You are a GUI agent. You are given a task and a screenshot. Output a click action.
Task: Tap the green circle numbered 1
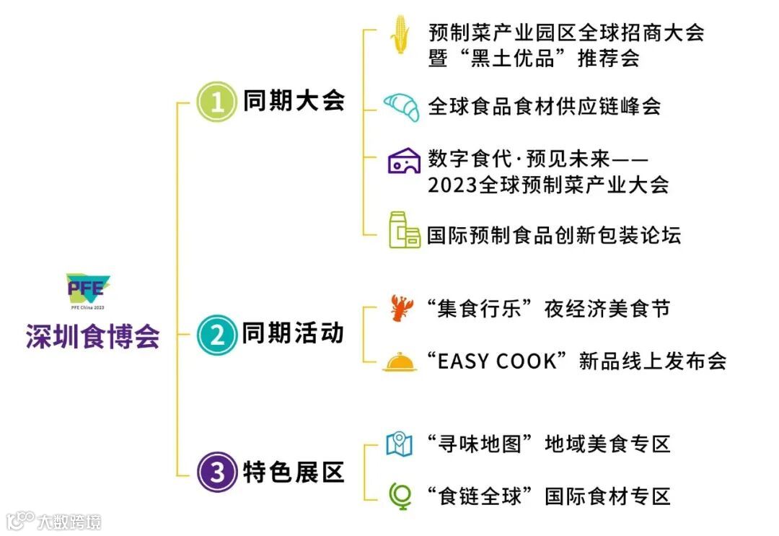(x=216, y=103)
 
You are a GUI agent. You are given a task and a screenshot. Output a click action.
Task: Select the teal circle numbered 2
(x=216, y=334)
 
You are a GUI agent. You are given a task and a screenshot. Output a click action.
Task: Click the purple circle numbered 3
(x=216, y=473)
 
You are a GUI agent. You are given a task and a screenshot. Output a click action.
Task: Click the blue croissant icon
(x=401, y=107)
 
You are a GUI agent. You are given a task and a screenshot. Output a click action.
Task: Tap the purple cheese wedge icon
(x=403, y=162)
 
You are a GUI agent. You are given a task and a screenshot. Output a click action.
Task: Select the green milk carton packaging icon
(x=403, y=230)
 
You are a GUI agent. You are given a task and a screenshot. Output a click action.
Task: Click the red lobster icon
(x=400, y=308)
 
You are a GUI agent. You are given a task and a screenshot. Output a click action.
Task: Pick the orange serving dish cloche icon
(x=400, y=361)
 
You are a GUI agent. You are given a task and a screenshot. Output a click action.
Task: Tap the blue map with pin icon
(x=399, y=444)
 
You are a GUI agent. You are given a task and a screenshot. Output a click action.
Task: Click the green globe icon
(x=400, y=496)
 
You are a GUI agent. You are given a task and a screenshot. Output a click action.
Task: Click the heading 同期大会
(x=293, y=102)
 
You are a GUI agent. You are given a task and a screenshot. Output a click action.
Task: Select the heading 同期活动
(x=293, y=333)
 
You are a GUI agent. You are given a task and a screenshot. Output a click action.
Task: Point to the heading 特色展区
(x=293, y=473)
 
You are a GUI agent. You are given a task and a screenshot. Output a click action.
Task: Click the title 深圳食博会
(x=92, y=337)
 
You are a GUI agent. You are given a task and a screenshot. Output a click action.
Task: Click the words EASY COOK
(x=498, y=361)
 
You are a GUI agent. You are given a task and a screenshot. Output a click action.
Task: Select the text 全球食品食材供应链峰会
(x=544, y=107)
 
